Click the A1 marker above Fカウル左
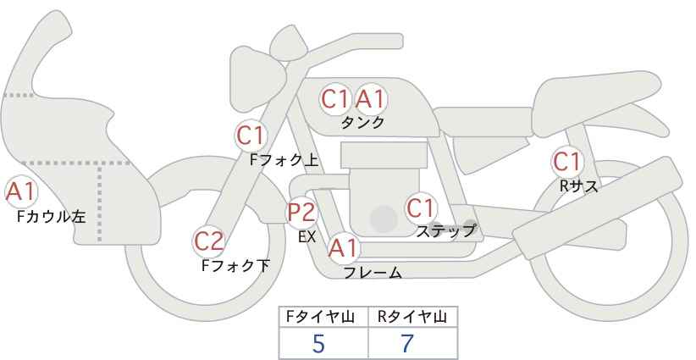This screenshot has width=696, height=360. [20, 192]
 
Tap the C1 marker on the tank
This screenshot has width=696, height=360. [335, 99]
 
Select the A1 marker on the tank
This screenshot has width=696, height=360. [370, 99]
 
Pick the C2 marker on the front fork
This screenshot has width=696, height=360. [208, 241]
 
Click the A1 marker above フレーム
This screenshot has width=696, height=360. [343, 248]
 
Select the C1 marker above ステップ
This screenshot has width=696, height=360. [421, 208]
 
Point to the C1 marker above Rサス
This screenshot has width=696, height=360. [567, 162]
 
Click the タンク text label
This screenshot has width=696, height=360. [362, 123]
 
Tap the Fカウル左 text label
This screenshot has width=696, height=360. [52, 217]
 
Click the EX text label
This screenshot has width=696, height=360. [307, 237]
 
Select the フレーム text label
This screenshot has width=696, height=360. [373, 273]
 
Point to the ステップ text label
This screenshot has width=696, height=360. [445, 231]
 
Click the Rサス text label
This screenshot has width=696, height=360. [578, 186]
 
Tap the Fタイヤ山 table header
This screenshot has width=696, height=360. [320, 317]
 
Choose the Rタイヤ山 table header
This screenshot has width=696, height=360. [412, 317]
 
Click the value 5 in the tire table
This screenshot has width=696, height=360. [318, 344]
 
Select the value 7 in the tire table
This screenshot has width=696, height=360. [407, 344]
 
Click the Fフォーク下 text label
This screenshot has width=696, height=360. [235, 265]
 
